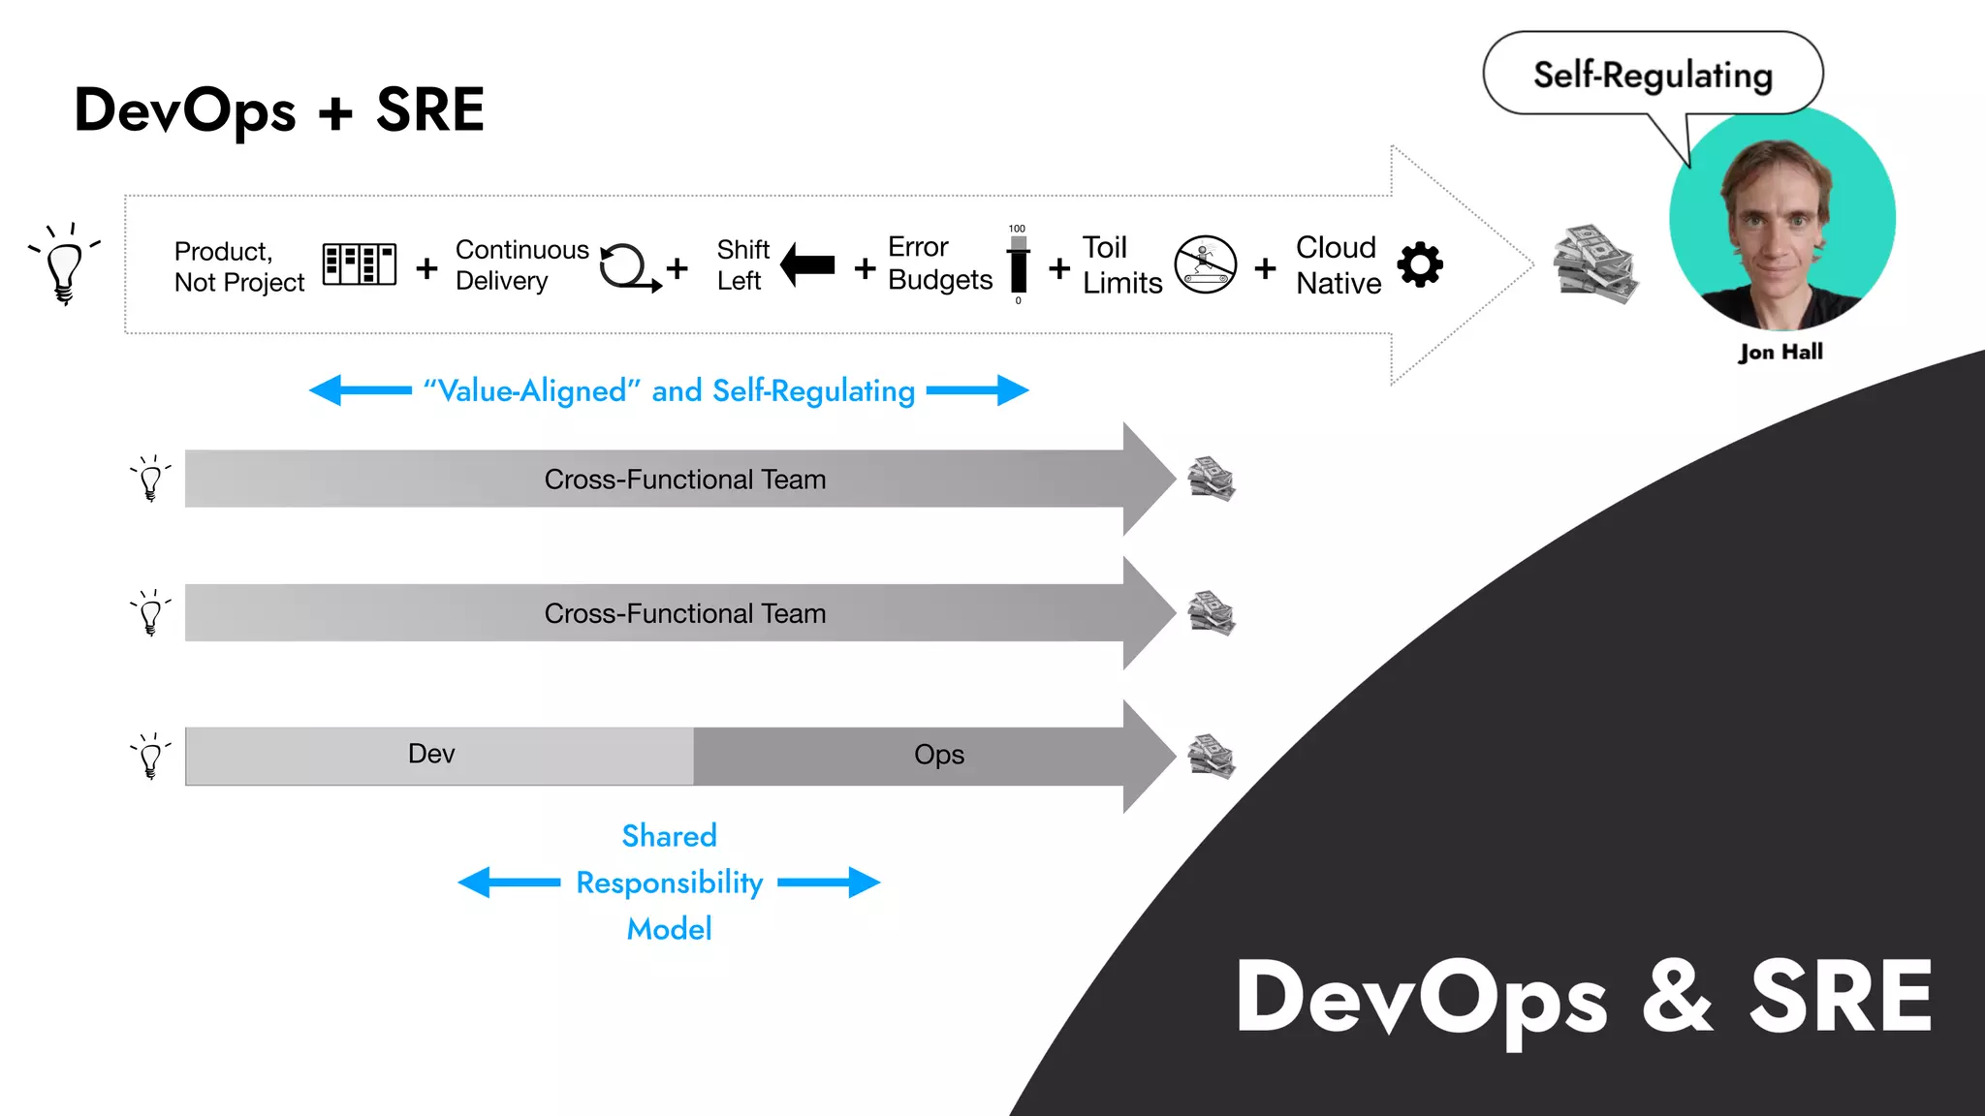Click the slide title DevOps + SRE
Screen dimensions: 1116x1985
pyautogui.click(x=279, y=109)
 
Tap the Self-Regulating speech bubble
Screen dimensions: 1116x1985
pyautogui.click(x=1652, y=75)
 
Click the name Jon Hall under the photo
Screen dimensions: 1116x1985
pyautogui.click(x=1780, y=352)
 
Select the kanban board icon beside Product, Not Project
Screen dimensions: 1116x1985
pyautogui.click(x=359, y=263)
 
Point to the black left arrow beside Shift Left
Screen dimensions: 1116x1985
pyautogui.click(x=807, y=264)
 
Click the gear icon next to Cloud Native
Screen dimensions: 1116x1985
pyautogui.click(x=1420, y=264)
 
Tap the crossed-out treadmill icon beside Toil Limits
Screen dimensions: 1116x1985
pyautogui.click(x=1205, y=263)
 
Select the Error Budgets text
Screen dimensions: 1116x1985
pyautogui.click(x=939, y=263)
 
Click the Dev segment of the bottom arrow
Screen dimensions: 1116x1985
pyautogui.click(x=431, y=755)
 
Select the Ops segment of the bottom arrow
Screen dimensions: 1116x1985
pyautogui.click(x=938, y=755)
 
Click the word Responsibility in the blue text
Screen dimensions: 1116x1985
pyautogui.click(x=669, y=883)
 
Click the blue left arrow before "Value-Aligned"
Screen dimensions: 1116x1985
pyautogui.click(x=360, y=390)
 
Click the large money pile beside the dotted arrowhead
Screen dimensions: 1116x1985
pyautogui.click(x=1594, y=264)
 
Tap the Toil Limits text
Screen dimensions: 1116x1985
pyautogui.click(x=1121, y=264)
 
